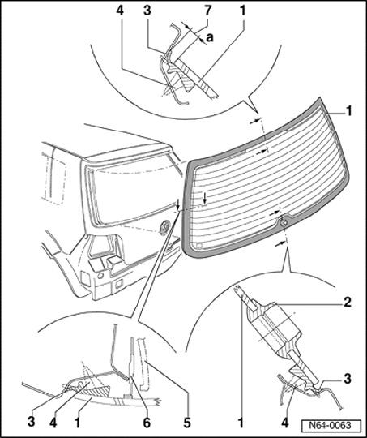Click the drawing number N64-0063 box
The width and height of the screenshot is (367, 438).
pyautogui.click(x=331, y=426)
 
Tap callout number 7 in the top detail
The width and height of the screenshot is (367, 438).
pyautogui.click(x=207, y=11)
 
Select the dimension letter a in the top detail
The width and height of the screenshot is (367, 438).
pyautogui.click(x=210, y=37)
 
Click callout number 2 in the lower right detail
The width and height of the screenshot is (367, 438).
pyautogui.click(x=347, y=302)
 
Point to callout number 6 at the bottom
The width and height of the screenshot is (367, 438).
pyautogui.click(x=147, y=423)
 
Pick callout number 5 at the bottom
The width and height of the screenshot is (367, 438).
pyautogui.click(x=187, y=423)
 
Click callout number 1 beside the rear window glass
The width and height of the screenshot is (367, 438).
pyautogui.click(x=348, y=111)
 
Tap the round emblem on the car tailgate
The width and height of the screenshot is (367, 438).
pyautogui.click(x=165, y=227)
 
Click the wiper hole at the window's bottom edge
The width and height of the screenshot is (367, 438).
pyautogui.click(x=284, y=222)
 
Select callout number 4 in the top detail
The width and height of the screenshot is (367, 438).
pyautogui.click(x=120, y=11)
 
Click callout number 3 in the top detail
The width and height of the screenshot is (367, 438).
pyautogui.click(x=147, y=11)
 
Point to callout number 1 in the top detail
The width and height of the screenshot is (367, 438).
pyautogui.click(x=242, y=11)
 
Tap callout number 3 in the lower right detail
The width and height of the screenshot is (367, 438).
pyautogui.click(x=347, y=379)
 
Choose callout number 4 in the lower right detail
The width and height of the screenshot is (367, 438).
pyautogui.click(x=284, y=423)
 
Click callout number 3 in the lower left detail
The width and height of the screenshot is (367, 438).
pyautogui.click(x=32, y=422)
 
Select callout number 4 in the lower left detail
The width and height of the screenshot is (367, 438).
pyautogui.click(x=53, y=423)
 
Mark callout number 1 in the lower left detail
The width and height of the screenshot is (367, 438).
pyautogui.click(x=77, y=423)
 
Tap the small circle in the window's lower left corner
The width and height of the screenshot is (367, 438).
pyautogui.click(x=199, y=245)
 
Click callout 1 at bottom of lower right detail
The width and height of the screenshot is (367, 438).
pyautogui.click(x=241, y=423)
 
